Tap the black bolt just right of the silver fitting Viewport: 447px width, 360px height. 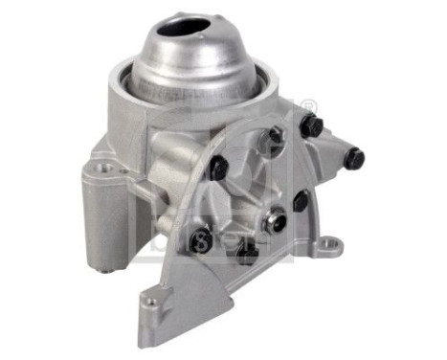click(x=300, y=201)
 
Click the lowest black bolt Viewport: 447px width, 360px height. click(x=246, y=255)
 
